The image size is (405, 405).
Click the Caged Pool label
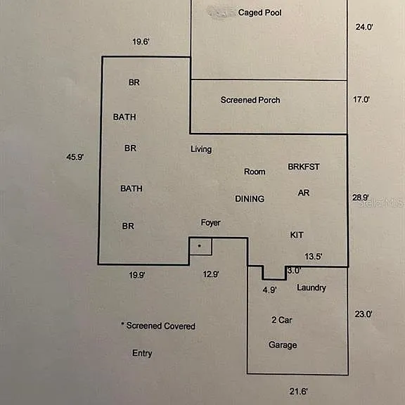[x=259, y=13]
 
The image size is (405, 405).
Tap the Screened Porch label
[x=250, y=100]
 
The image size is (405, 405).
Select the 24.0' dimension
[x=364, y=27]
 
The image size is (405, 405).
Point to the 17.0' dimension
[x=361, y=99]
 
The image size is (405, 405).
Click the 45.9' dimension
[x=75, y=157]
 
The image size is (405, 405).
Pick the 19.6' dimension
[x=141, y=41]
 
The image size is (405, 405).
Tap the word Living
[x=201, y=149]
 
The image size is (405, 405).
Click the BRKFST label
[x=304, y=167]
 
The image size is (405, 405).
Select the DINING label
[x=250, y=198]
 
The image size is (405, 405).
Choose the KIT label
[x=297, y=235]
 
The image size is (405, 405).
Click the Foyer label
[x=210, y=223]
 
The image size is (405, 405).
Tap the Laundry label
[x=311, y=288]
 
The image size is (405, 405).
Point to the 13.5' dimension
[x=314, y=257]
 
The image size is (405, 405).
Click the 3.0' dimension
[x=294, y=271]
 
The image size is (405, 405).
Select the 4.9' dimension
[x=270, y=290]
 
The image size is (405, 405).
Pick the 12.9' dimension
[x=211, y=274]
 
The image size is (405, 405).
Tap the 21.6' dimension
[x=298, y=392]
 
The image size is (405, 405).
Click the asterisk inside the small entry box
[x=199, y=245]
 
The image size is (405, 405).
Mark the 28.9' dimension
[x=361, y=198]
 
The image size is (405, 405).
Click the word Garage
[x=283, y=345]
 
